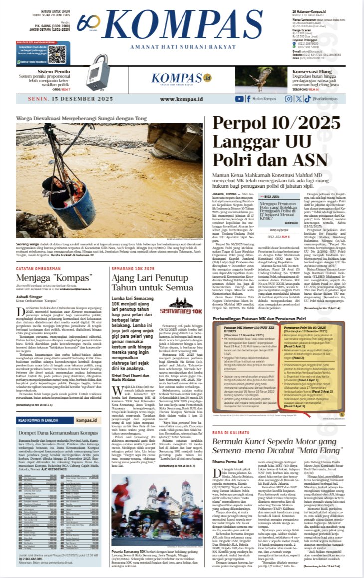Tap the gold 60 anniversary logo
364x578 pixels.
coord(89,23)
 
